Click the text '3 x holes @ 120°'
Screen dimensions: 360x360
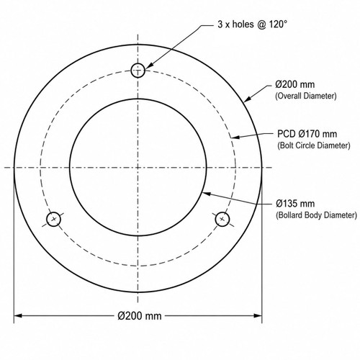252,24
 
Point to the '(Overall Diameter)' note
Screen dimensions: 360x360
306,96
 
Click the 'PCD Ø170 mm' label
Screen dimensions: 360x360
307,134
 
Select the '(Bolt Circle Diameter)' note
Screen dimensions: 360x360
314,145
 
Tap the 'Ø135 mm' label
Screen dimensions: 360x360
295,204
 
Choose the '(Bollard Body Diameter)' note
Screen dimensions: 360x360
316,215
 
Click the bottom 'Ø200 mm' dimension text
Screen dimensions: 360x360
140,316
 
